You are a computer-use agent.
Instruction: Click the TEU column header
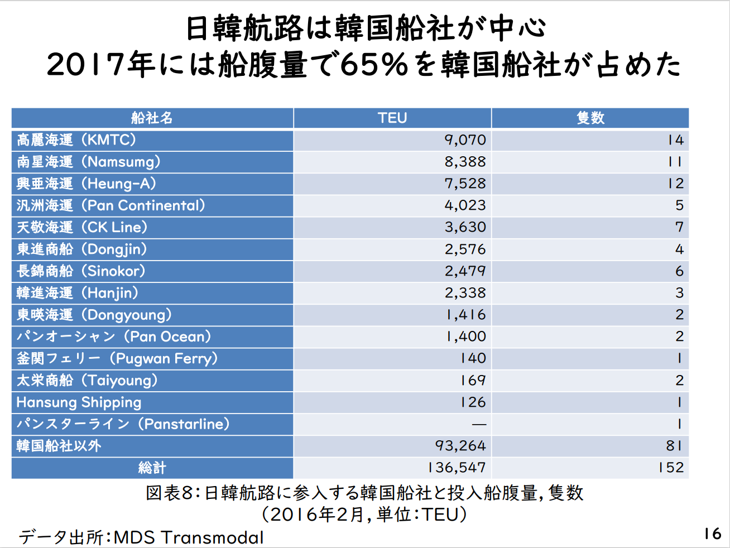coord(392,118)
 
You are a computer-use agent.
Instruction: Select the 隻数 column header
coord(590,118)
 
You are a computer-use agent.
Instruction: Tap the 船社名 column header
coord(152,118)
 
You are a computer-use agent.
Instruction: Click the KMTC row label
coord(76,140)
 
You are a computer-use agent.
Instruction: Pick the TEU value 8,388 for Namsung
coord(465,162)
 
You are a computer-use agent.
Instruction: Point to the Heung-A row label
coord(87,184)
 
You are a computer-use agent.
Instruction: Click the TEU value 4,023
coord(465,205)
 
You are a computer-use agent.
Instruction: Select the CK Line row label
coord(82,227)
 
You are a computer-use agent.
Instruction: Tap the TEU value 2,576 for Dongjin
coord(465,249)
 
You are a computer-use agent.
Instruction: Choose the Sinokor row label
coord(81,271)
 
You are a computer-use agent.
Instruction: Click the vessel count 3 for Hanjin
coord(679,293)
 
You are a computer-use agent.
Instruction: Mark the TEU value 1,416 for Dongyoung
coord(466,315)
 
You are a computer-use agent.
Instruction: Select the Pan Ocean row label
coord(114,337)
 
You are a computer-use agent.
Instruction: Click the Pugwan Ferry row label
coord(117,358)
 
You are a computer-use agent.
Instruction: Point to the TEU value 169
coord(473,380)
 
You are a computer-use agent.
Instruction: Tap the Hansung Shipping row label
coord(79,402)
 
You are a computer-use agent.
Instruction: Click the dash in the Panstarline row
coord(479,425)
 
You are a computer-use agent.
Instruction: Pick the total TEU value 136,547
coord(457,468)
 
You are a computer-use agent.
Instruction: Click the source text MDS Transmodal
coord(189,537)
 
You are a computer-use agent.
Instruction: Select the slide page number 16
coord(712,533)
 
